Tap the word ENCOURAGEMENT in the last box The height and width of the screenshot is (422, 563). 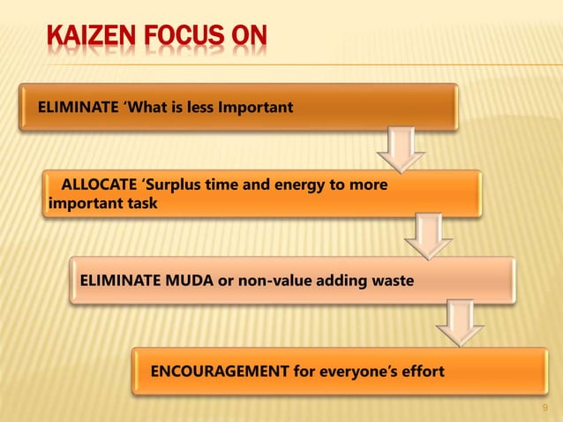click(220, 369)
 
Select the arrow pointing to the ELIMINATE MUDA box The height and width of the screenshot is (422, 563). click(429, 237)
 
